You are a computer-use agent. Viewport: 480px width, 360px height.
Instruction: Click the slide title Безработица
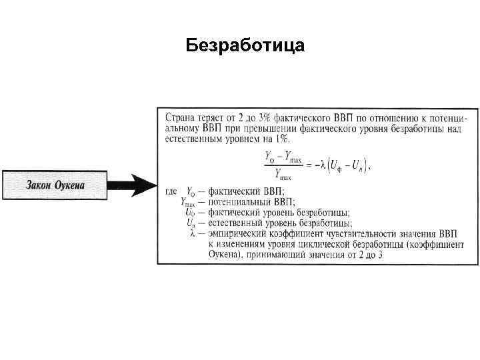click(245, 45)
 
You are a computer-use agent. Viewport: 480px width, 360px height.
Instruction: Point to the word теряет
click(213, 117)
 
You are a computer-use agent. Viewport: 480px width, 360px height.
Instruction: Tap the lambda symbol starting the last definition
click(193, 234)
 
